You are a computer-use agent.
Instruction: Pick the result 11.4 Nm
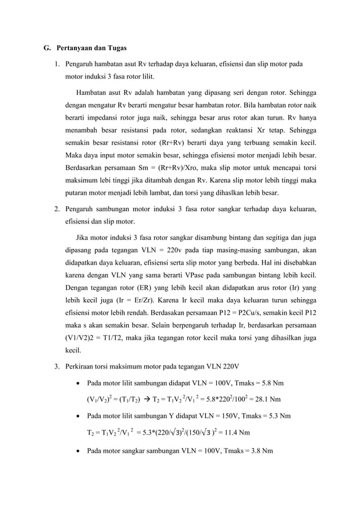[230, 433]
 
